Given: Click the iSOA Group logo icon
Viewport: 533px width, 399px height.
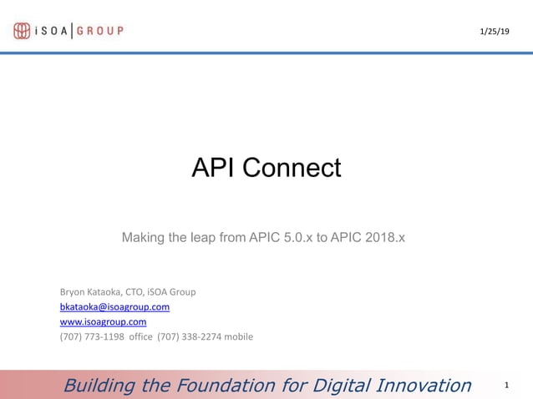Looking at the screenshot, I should click(22, 31).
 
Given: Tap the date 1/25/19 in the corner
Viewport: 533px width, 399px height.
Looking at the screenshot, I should click(494, 32).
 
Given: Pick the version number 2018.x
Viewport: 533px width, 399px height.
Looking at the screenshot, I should click(382, 238).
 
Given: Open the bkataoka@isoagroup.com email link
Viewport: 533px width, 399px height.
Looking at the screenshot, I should click(114, 307).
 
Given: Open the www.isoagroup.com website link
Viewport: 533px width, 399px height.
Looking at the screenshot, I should click(103, 322).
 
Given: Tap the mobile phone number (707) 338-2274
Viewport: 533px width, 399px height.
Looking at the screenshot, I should click(188, 337).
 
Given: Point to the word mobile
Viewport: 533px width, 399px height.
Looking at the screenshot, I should click(237, 337).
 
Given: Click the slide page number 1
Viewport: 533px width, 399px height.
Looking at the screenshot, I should click(507, 386).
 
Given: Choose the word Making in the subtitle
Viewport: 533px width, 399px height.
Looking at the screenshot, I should click(143, 238).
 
